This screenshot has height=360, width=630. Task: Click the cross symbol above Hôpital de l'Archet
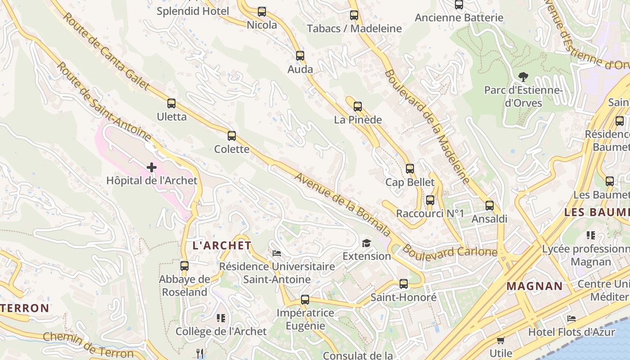click(152, 168)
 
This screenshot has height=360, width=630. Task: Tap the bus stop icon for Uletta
click(171, 103)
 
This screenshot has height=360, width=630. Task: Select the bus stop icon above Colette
click(232, 136)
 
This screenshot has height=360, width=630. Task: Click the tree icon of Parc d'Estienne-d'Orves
click(523, 77)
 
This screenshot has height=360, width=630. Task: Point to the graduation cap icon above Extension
click(367, 243)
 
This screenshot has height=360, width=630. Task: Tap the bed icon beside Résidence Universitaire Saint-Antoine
click(277, 253)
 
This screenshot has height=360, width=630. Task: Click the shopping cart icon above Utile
click(501, 340)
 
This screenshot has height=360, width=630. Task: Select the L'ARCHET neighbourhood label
click(222, 246)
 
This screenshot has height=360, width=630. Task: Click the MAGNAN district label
click(535, 286)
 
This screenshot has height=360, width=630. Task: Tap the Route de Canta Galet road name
click(107, 52)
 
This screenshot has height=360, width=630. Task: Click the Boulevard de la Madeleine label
click(427, 126)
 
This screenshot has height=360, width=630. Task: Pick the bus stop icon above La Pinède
click(358, 107)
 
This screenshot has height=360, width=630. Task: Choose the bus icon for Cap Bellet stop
click(410, 169)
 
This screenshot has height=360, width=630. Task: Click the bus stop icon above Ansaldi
click(490, 206)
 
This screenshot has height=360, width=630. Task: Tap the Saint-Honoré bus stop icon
click(404, 284)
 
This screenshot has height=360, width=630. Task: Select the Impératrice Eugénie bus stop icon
click(305, 300)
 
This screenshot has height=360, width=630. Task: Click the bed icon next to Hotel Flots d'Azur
click(571, 319)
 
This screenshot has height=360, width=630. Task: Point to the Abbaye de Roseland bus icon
click(184, 266)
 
